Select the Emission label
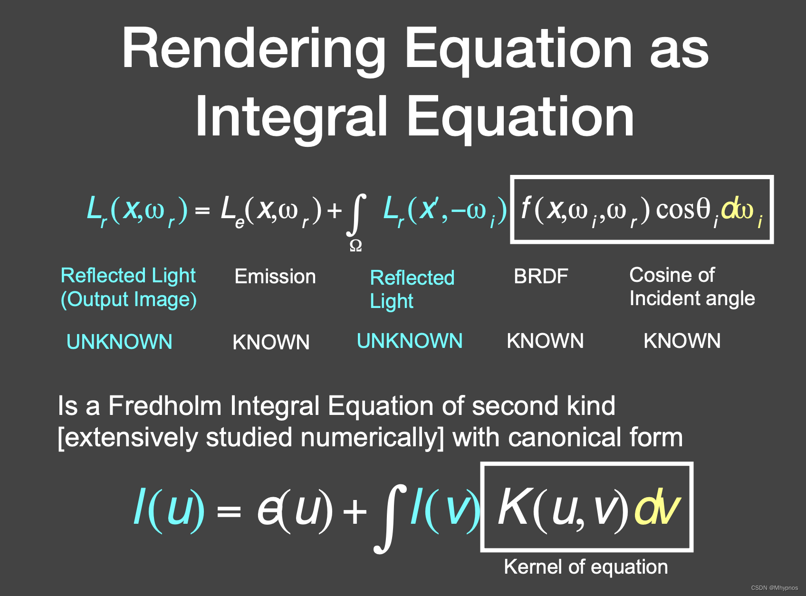[275, 277]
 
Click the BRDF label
[541, 276]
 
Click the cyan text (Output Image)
[129, 300]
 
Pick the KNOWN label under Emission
[271, 342]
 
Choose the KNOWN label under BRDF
[545, 341]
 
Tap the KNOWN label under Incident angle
[682, 341]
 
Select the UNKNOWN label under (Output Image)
[119, 342]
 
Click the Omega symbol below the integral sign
[355, 246]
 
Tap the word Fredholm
[165, 405]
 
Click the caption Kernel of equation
[586, 567]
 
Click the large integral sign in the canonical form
[390, 519]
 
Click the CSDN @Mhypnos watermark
[775, 588]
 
